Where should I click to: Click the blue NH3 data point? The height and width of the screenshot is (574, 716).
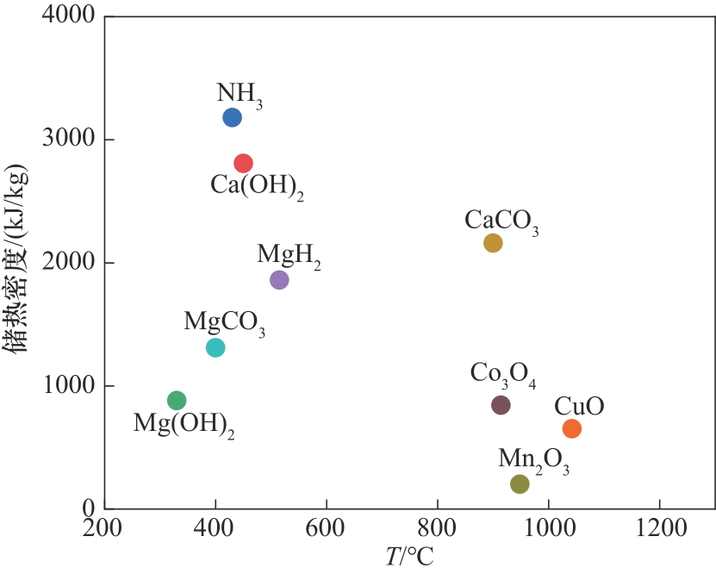point(232,117)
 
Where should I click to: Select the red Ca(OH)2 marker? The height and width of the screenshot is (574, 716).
point(243,163)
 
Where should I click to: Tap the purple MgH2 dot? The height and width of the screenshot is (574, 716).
point(279,280)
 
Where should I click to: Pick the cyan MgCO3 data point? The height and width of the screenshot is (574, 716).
point(215,347)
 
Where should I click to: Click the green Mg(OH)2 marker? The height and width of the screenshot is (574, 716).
point(177,400)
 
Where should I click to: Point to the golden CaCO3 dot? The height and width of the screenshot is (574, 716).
point(493,243)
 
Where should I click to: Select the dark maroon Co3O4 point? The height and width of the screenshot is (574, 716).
point(501,405)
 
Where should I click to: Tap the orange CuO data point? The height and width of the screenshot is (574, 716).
point(572,428)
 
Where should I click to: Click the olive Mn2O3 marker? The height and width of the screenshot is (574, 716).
point(520,484)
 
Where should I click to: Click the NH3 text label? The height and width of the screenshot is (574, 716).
point(240,95)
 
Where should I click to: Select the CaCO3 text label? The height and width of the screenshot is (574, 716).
point(501,221)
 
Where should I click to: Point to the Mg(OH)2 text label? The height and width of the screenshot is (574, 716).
point(184,425)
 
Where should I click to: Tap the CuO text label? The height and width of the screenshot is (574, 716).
point(579,406)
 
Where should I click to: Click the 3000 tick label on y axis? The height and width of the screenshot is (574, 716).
point(70,140)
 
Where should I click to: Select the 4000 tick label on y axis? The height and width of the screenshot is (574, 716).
point(70,16)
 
